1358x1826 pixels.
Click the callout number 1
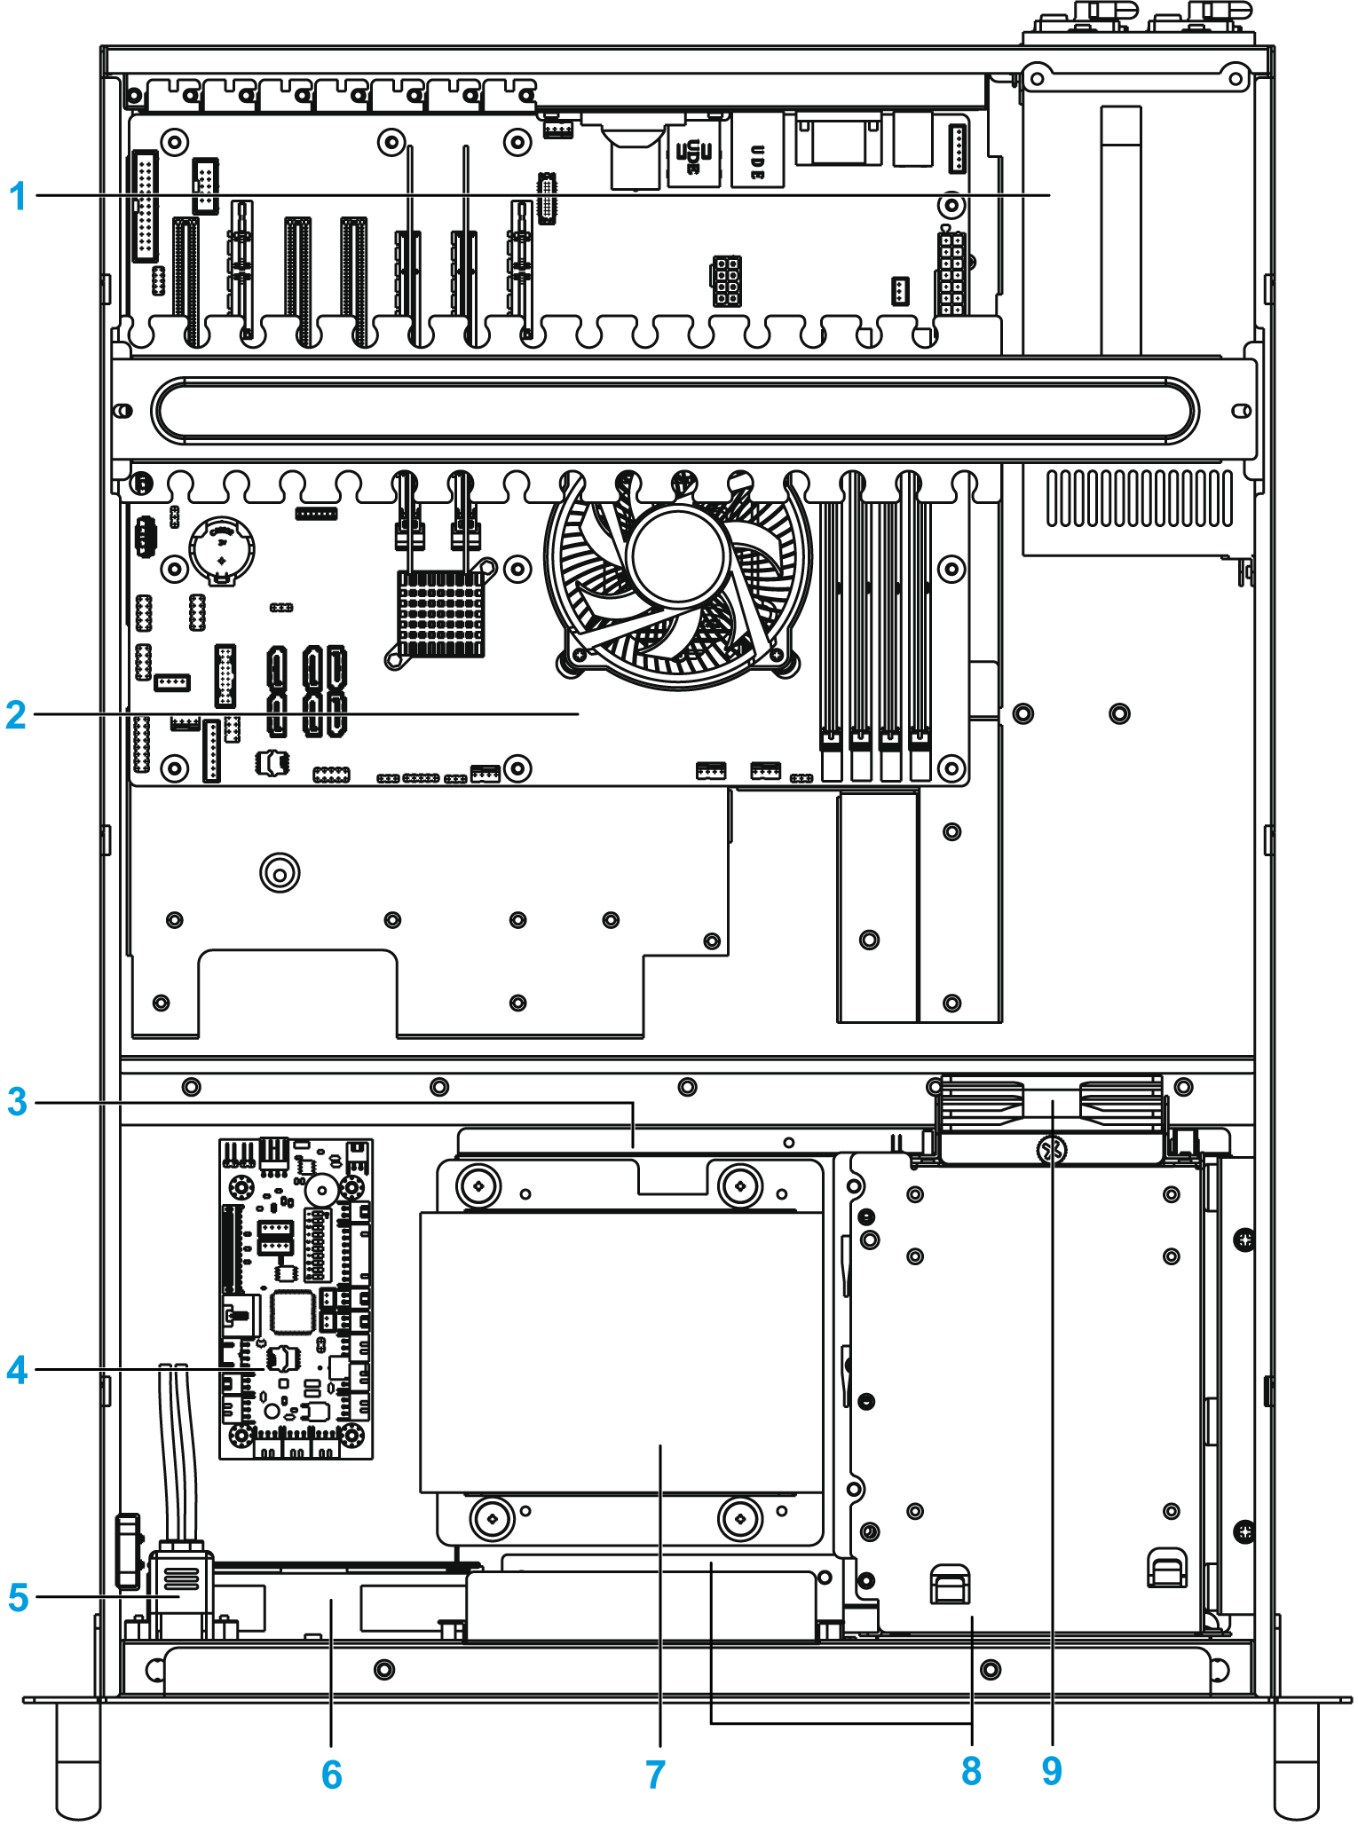click(x=17, y=196)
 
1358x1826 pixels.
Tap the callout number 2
click(x=16, y=714)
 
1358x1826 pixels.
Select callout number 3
click(x=17, y=1102)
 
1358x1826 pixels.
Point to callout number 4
click(x=17, y=1370)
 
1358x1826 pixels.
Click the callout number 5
click(x=18, y=1597)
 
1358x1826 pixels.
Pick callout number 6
click(x=331, y=1775)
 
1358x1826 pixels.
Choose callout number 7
click(x=655, y=1775)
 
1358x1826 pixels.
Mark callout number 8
click(x=971, y=1771)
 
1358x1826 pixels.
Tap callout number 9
click(x=1052, y=1771)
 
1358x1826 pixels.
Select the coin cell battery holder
click(x=222, y=549)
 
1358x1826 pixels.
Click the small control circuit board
click(x=296, y=1299)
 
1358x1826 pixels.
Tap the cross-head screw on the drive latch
click(x=1051, y=1151)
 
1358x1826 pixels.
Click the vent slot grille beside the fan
click(x=1139, y=498)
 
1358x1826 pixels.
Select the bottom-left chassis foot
click(x=78, y=1761)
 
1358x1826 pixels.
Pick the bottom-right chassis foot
click(x=1296, y=1761)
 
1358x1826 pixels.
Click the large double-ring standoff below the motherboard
click(x=280, y=872)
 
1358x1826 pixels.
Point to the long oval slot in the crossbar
click(x=675, y=410)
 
